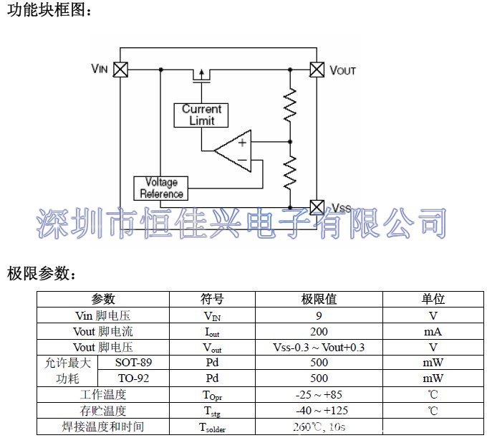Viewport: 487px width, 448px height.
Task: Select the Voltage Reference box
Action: (161, 188)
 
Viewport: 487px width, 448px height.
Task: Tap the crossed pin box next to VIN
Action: (120, 70)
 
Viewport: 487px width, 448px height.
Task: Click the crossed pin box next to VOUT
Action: (316, 70)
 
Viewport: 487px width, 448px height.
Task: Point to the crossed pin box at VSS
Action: (316, 207)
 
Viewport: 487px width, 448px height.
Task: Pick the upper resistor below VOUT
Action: (290, 105)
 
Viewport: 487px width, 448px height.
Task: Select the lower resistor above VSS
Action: (290, 172)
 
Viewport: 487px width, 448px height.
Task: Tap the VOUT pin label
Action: (342, 70)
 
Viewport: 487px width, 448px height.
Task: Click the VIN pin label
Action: (100, 69)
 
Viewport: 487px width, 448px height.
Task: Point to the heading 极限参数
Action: (39, 273)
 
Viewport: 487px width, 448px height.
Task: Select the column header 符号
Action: (212, 299)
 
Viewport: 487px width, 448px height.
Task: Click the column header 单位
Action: (433, 299)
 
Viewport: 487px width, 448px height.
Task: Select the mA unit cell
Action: (433, 331)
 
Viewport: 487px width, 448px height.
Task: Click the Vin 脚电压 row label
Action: (103, 315)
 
